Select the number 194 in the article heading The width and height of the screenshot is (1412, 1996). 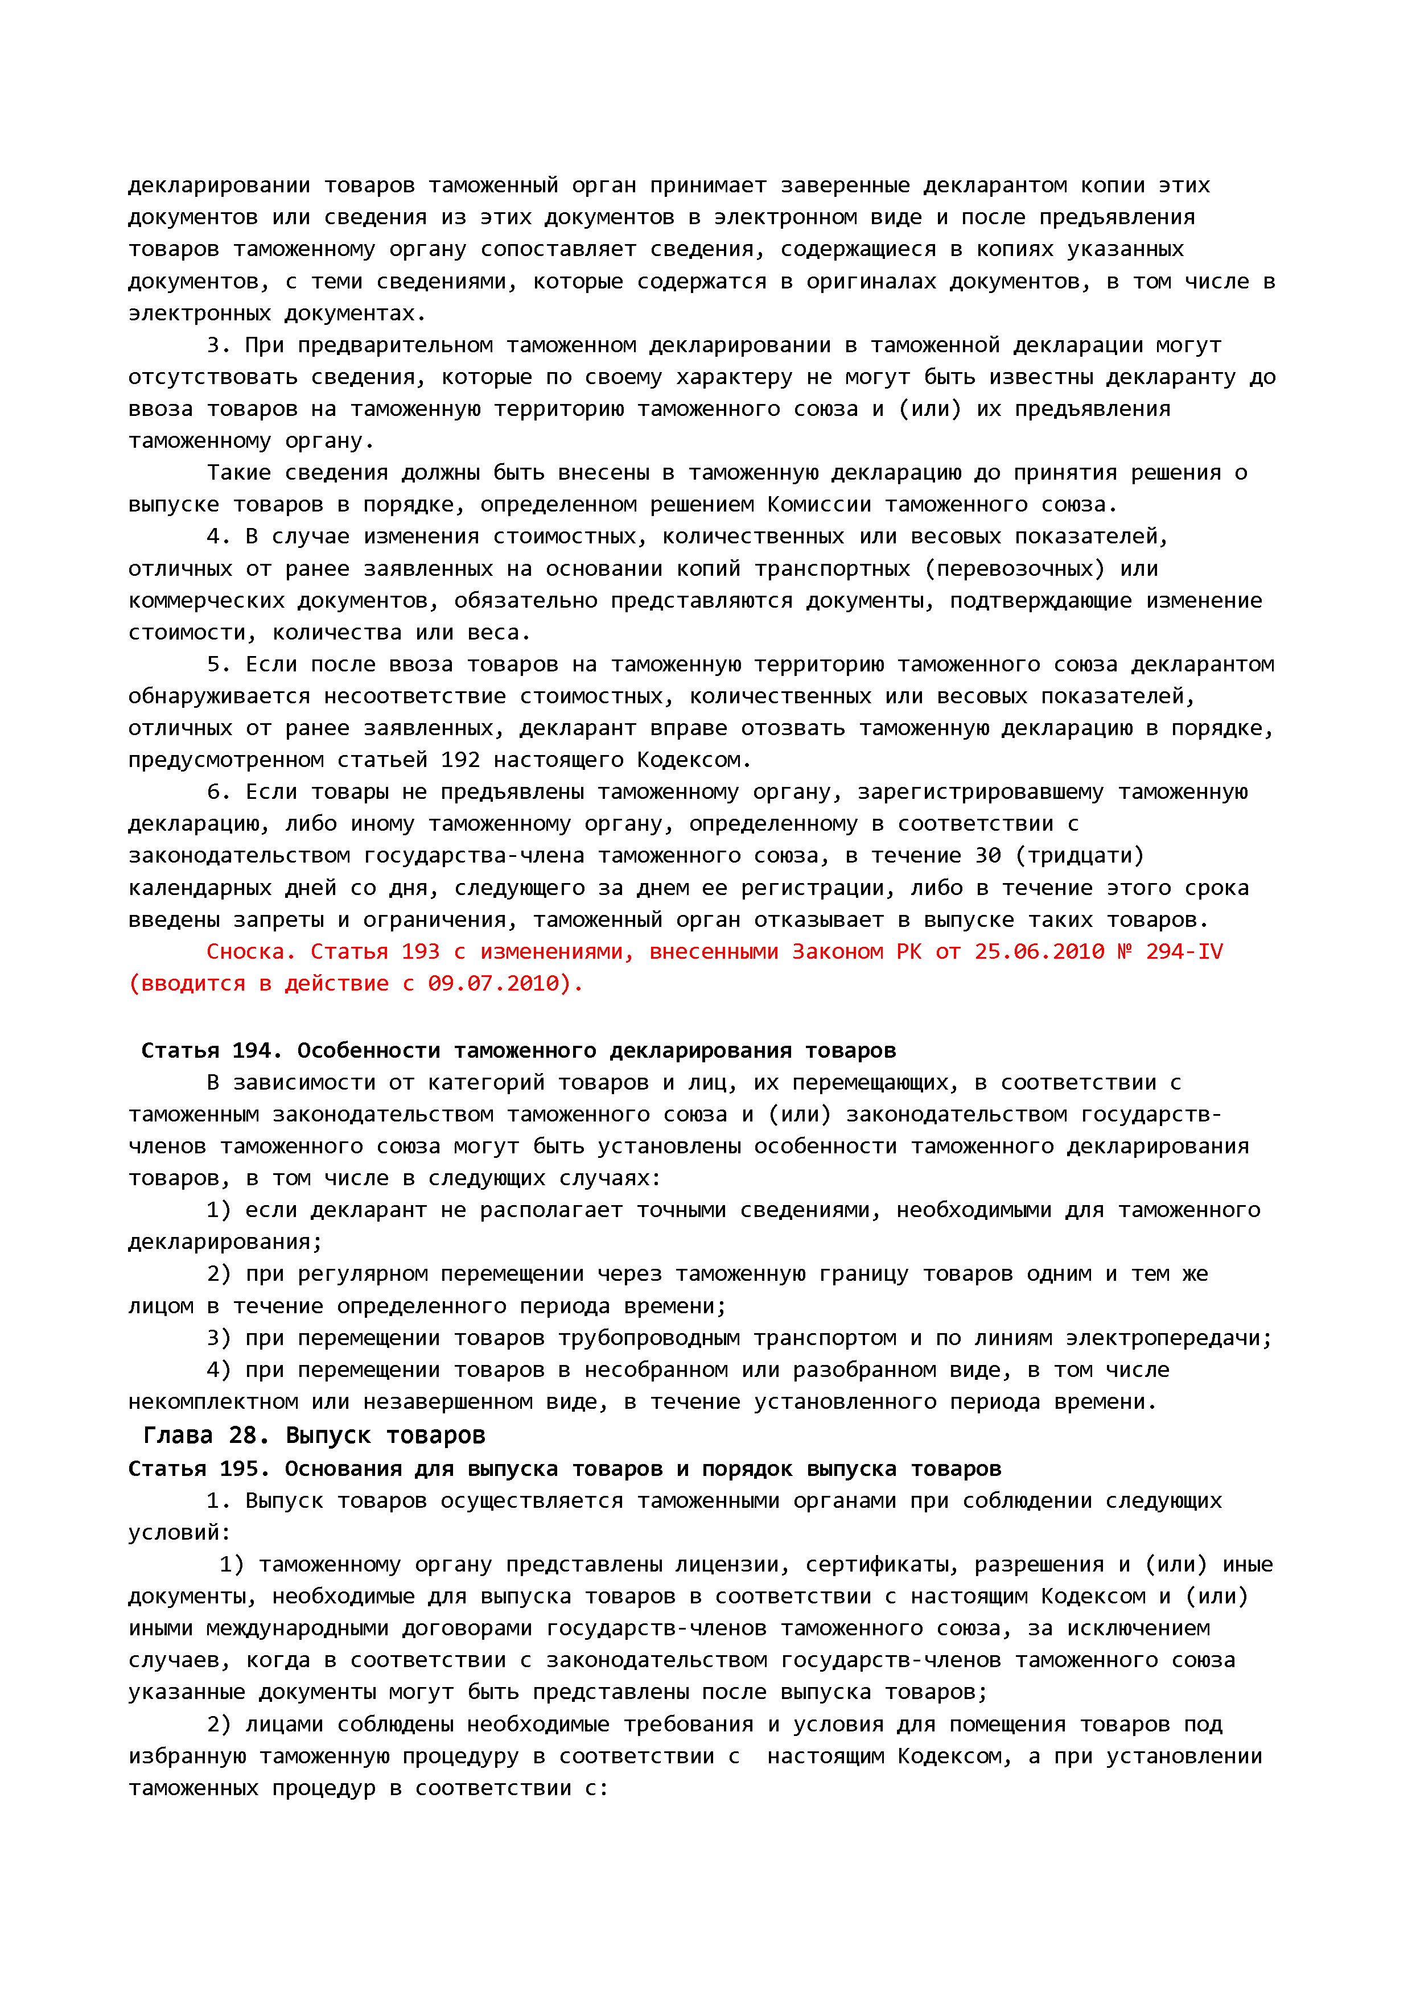[x=252, y=1050]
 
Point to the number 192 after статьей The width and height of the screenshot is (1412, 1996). [x=460, y=760]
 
